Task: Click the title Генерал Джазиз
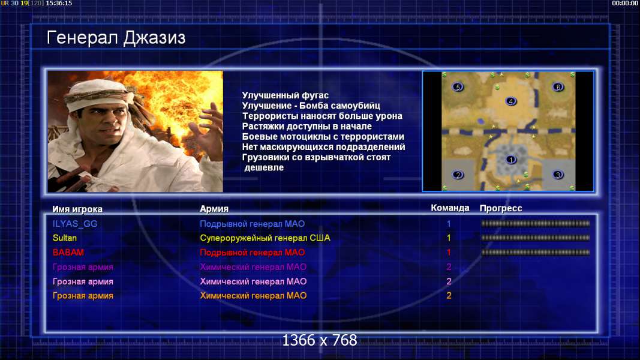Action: (x=116, y=38)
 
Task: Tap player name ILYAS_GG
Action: (x=75, y=224)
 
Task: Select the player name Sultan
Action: (x=65, y=238)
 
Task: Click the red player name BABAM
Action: (x=68, y=252)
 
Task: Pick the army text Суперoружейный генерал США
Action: (x=265, y=238)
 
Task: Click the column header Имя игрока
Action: (x=77, y=209)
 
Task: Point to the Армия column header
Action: (x=214, y=209)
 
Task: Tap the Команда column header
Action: (x=450, y=208)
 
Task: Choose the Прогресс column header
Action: (x=501, y=208)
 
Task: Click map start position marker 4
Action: (x=510, y=101)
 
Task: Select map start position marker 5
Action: (x=458, y=87)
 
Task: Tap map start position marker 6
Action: (x=558, y=87)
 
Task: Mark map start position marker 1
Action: (x=510, y=160)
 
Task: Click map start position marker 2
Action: (x=458, y=175)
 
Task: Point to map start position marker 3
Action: (x=558, y=175)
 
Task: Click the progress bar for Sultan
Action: (x=536, y=238)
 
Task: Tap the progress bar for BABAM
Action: (x=536, y=253)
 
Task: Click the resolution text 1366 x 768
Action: (x=320, y=340)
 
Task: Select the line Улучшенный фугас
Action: (x=286, y=95)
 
